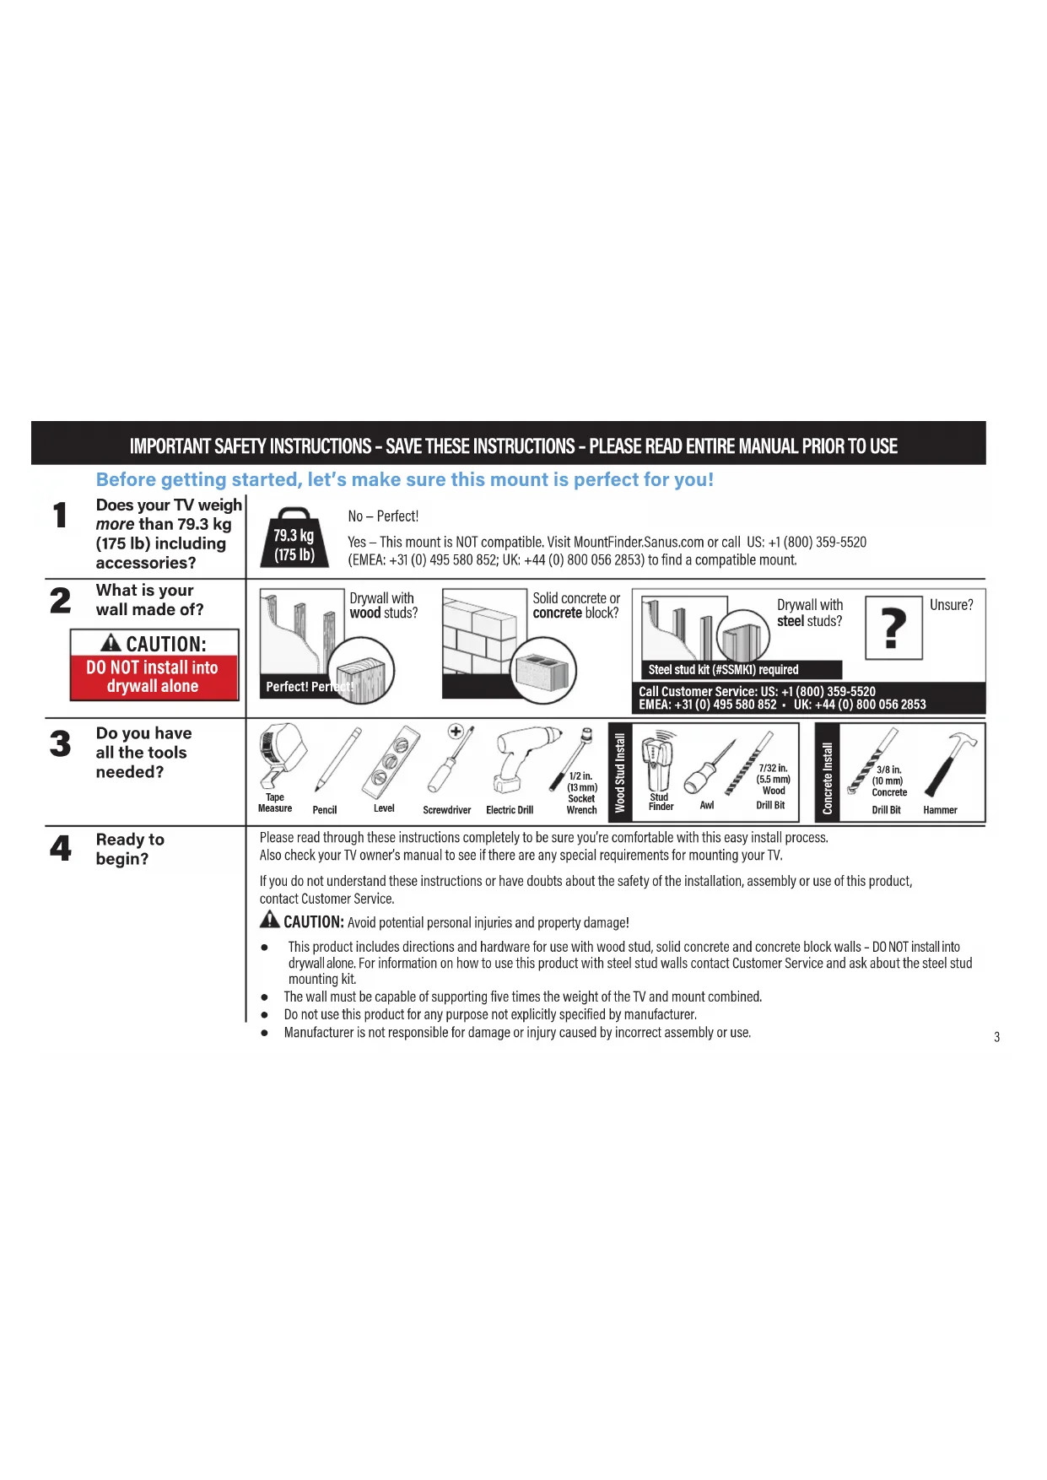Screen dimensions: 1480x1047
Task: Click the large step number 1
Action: tap(60, 515)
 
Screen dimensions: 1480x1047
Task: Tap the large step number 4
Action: tap(61, 848)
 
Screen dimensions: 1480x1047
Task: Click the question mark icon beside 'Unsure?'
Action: tap(893, 627)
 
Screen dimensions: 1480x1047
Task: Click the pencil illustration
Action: tap(337, 760)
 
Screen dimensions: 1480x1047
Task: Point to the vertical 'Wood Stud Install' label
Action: tap(620, 772)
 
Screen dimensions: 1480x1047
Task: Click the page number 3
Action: tap(996, 1036)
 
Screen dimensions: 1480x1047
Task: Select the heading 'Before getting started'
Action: tap(404, 479)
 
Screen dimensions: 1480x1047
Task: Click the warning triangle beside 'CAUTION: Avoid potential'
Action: tap(269, 920)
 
